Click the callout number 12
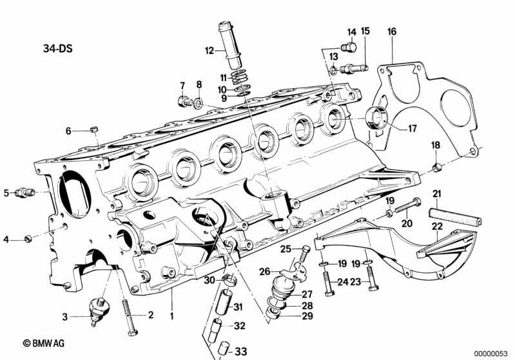pos(209,50)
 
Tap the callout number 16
pos(392,32)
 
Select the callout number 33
pos(240,352)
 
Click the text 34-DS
pos(57,48)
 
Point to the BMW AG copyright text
pos(44,343)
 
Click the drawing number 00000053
pos(491,354)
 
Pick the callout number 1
pos(171,316)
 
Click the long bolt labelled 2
pos(130,317)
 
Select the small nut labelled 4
pos(28,238)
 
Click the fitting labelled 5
pos(24,192)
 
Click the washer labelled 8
pos(199,104)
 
